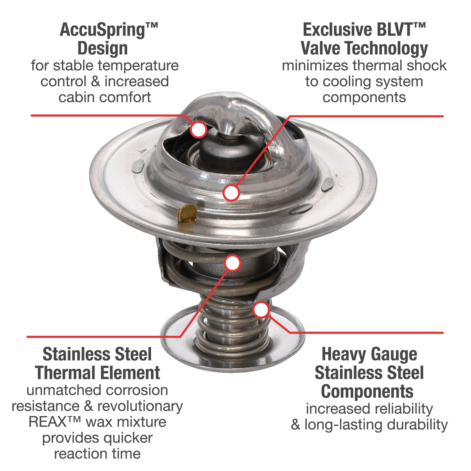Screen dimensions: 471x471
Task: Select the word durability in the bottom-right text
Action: (x=417, y=425)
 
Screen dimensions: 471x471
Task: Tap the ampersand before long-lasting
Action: (x=295, y=425)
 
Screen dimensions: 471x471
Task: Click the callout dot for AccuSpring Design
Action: (x=198, y=129)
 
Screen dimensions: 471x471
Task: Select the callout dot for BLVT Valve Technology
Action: (x=231, y=192)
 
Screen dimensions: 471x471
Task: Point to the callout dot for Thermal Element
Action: (x=233, y=263)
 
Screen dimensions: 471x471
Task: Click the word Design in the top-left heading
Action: (x=103, y=49)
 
